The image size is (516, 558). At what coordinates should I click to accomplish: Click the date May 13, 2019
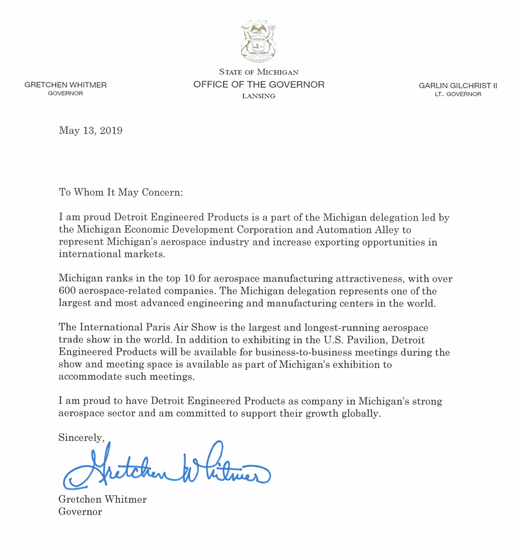(x=91, y=131)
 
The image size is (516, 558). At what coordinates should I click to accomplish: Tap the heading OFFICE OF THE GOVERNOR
(x=259, y=85)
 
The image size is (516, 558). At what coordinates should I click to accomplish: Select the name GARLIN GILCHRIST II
(x=458, y=86)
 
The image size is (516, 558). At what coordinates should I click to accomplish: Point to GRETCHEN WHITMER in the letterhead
(x=65, y=85)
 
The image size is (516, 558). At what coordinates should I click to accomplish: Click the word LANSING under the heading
(x=258, y=96)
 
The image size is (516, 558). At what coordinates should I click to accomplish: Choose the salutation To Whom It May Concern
(x=121, y=192)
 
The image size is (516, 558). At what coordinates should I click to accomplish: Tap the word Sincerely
(x=81, y=438)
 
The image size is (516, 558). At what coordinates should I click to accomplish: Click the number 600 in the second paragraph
(x=67, y=291)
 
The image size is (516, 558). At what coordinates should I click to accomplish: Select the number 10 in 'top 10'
(x=189, y=278)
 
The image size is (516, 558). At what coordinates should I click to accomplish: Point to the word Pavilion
(x=367, y=340)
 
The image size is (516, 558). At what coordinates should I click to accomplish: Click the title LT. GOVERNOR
(x=458, y=94)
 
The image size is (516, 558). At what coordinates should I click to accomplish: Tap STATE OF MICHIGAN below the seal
(x=258, y=72)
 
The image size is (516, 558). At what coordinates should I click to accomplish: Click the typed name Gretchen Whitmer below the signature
(x=102, y=499)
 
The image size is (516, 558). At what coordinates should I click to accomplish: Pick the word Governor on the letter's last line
(x=80, y=512)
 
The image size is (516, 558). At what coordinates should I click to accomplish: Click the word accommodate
(x=90, y=377)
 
